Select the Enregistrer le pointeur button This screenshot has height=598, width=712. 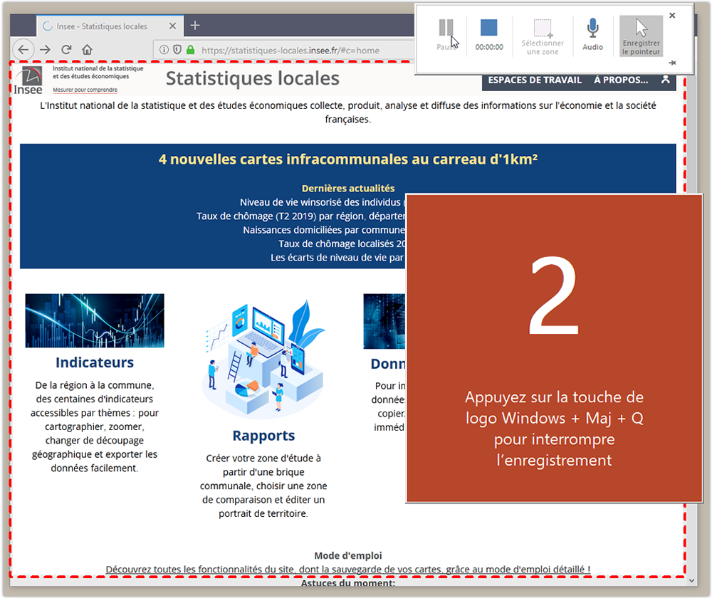(641, 36)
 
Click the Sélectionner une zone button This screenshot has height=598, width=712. (543, 36)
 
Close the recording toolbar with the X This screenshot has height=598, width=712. (672, 15)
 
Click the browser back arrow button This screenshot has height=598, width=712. (23, 50)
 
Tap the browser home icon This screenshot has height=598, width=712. (87, 50)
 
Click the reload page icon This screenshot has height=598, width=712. (66, 50)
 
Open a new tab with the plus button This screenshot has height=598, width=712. (195, 26)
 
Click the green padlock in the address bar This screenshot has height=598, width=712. (190, 51)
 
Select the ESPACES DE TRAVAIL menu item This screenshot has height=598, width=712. (535, 80)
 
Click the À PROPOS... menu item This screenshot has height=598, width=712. (621, 80)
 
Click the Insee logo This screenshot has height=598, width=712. (28, 80)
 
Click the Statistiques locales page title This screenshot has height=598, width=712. (252, 78)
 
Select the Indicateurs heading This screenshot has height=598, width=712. (95, 362)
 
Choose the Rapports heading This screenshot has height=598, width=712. (263, 436)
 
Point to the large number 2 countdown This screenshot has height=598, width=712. (554, 299)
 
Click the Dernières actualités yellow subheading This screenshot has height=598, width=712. (347, 189)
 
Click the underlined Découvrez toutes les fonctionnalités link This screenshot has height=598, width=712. (347, 570)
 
